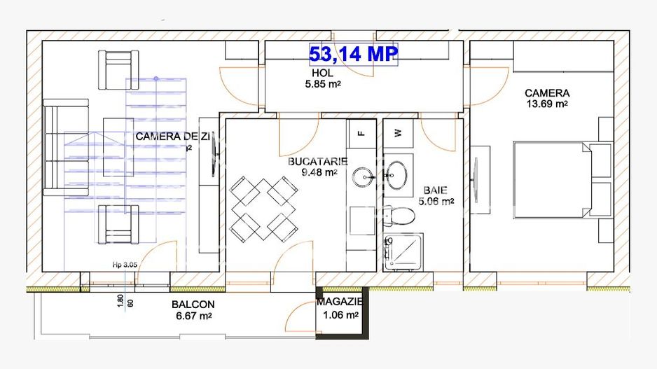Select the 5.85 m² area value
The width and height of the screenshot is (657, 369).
pos(323,84)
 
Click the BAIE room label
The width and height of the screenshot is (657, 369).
pos(435,190)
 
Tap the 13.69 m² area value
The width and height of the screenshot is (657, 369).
pos(546,104)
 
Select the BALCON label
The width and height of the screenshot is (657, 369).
pos(193,305)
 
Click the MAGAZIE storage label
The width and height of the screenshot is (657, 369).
pos(339,302)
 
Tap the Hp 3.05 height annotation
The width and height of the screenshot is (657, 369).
pos(125,265)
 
